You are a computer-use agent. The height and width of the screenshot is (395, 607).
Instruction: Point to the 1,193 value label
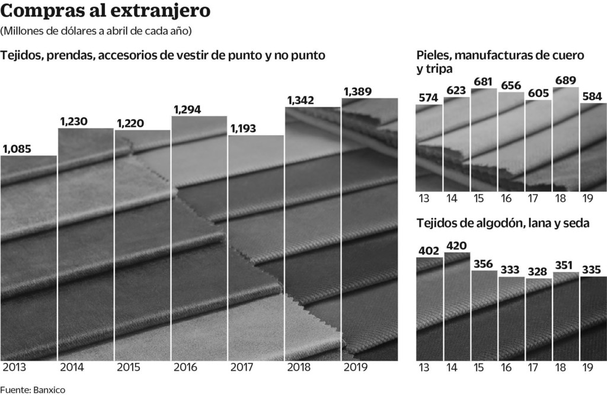[244, 128]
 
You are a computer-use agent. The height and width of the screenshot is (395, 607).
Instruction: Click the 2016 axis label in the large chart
[186, 367]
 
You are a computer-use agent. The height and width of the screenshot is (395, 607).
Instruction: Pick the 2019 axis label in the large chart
[356, 367]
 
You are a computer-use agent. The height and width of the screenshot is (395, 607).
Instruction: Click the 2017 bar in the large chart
[256, 249]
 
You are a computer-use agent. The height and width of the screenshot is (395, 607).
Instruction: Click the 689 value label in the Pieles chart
[566, 80]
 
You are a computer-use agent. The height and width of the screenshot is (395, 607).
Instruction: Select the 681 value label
[484, 81]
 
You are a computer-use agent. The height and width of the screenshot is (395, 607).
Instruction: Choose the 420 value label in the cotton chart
[456, 245]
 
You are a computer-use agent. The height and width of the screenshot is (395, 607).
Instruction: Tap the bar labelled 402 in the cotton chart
[429, 308]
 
